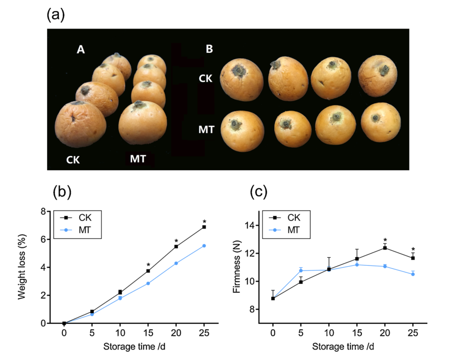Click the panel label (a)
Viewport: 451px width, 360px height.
pyautogui.click(x=56, y=15)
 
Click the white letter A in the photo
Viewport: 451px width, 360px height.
pyautogui.click(x=80, y=50)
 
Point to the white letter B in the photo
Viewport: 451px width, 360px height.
pyautogui.click(x=209, y=50)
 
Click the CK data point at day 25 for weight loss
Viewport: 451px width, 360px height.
pyautogui.click(x=204, y=227)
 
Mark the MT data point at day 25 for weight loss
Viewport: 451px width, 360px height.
pyautogui.click(x=204, y=246)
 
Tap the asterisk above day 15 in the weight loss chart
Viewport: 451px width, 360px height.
pyautogui.click(x=148, y=265)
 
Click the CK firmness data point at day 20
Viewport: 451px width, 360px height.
pyautogui.click(x=385, y=248)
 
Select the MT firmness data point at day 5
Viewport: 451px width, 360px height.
pyautogui.click(x=301, y=270)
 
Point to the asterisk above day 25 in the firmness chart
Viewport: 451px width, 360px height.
pyautogui.click(x=413, y=250)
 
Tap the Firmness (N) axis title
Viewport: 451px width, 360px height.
pyautogui.click(x=237, y=267)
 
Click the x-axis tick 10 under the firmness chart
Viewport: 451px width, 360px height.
pyautogui.click(x=329, y=333)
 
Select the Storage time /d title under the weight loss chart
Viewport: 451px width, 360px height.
pyautogui.click(x=134, y=346)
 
